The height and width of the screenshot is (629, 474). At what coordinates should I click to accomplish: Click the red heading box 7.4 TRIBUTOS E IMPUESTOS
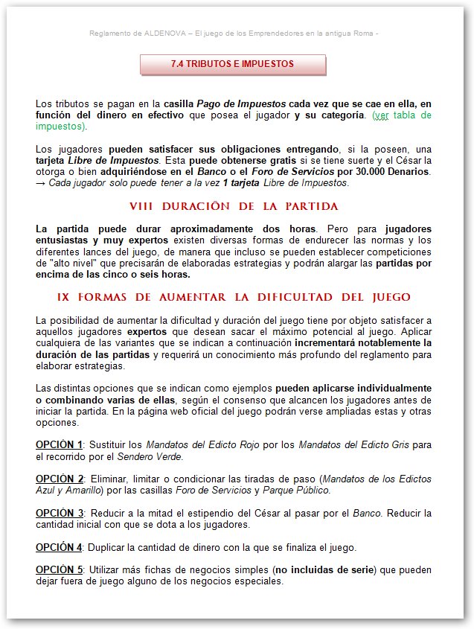pos(233,65)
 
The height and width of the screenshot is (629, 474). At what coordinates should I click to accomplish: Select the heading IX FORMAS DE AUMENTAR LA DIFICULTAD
pos(233,297)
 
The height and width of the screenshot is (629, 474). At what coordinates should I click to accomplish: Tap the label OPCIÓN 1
pos(60,444)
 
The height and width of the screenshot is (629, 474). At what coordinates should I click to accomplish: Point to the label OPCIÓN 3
pos(60,514)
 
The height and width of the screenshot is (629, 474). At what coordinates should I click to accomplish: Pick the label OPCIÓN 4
pos(60,548)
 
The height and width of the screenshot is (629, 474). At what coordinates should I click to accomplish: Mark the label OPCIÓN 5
pos(60,570)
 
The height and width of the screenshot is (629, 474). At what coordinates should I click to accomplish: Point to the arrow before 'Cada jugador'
pos(41,183)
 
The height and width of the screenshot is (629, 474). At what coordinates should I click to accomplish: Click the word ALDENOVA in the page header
pos(161,33)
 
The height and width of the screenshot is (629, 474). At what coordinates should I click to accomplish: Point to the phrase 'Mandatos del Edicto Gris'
pos(350,444)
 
